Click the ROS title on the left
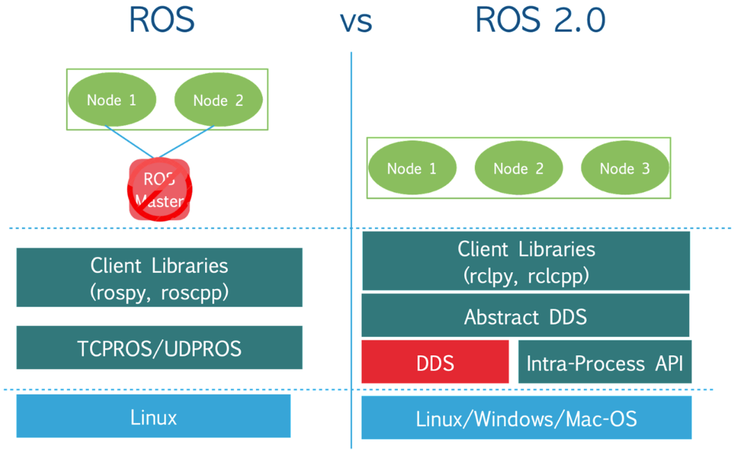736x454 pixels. [x=162, y=20]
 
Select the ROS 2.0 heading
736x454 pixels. [x=540, y=20]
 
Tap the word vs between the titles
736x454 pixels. [x=356, y=22]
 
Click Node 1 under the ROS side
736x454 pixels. [x=112, y=100]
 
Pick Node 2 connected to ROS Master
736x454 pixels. [x=218, y=100]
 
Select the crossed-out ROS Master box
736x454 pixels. [x=159, y=190]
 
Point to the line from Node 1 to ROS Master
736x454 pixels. [x=129, y=142]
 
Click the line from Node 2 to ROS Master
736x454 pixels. [x=186, y=142]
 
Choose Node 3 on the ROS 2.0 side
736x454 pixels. [x=624, y=168]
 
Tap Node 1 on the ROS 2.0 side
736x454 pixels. [x=412, y=168]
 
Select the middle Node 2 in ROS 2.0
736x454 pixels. [x=518, y=168]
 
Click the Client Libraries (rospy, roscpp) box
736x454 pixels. [x=159, y=278]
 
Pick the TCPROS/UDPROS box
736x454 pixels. [x=159, y=348]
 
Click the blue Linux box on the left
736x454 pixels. [x=153, y=417]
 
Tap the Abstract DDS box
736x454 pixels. [x=525, y=316]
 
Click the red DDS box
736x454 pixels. [x=435, y=362]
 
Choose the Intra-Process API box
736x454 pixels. [x=604, y=362]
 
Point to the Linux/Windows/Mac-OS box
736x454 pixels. [x=526, y=418]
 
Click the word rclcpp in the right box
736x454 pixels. [x=558, y=276]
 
